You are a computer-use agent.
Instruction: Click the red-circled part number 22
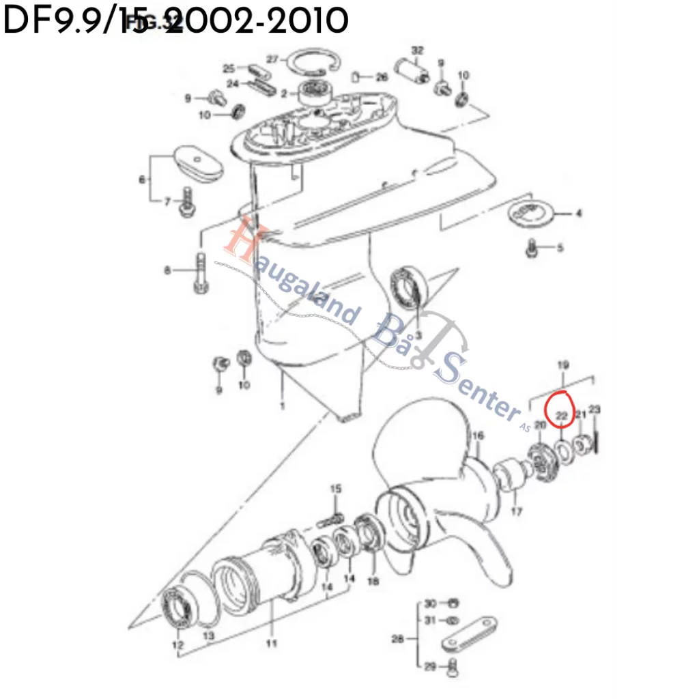pos(562,415)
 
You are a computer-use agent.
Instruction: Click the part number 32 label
pos(418,51)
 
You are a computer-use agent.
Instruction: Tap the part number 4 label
pos(578,214)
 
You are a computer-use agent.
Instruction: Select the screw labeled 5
pos(532,248)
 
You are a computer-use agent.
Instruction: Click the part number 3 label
pos(418,334)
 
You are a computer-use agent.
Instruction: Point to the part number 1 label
pos(283,407)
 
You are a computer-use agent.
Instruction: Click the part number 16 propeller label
pos(478,436)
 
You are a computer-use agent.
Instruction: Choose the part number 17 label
pos(516,511)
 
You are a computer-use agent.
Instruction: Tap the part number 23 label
pos(594,410)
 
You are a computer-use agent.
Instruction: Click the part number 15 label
pos(335,489)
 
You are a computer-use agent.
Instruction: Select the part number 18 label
pos(373,582)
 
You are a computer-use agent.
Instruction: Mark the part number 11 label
pos(272,643)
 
